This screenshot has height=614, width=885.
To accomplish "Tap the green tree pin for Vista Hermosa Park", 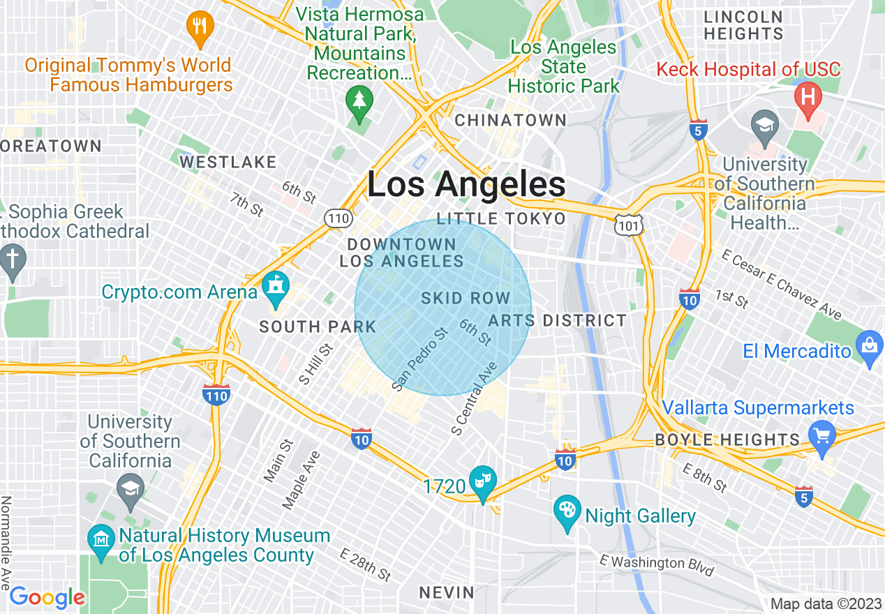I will [x=359, y=104].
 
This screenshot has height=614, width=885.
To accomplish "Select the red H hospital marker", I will [x=809, y=98].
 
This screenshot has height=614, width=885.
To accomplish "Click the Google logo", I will [x=46, y=597].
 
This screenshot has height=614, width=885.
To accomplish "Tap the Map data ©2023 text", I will [x=824, y=604].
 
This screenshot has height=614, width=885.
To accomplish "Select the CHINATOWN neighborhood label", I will [x=510, y=120].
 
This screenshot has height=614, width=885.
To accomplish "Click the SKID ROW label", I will [x=466, y=299].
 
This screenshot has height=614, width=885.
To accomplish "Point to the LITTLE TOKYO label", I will [x=500, y=219].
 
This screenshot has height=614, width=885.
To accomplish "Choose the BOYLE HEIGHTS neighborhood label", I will [x=727, y=440].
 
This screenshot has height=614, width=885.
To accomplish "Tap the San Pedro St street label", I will [x=419, y=359].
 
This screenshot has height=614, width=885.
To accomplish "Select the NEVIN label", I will [x=447, y=592].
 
